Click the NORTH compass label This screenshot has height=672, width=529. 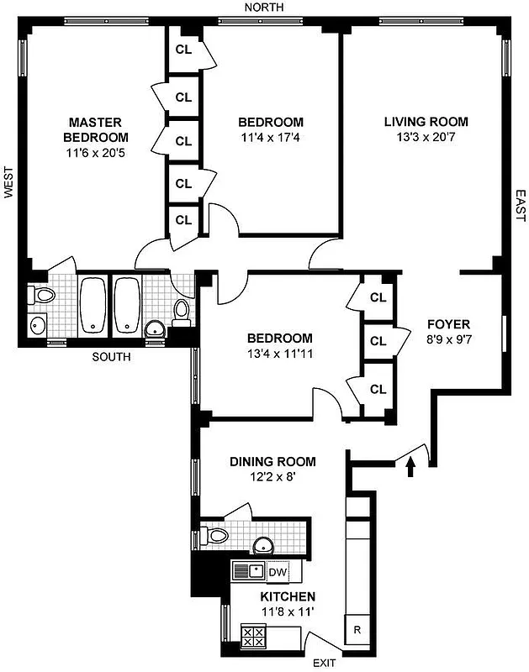[263, 8]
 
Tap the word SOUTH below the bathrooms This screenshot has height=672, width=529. [112, 356]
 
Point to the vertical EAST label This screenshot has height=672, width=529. [520, 205]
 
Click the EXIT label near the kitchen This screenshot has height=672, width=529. [325, 664]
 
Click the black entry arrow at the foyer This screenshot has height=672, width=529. [410, 466]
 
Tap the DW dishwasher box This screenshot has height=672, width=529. [278, 571]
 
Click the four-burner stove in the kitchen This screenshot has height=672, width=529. [254, 635]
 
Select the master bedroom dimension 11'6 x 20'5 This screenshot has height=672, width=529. [98, 153]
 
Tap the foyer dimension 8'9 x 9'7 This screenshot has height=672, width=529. [448, 340]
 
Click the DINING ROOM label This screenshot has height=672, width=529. [272, 461]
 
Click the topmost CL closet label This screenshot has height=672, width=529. [183, 49]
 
